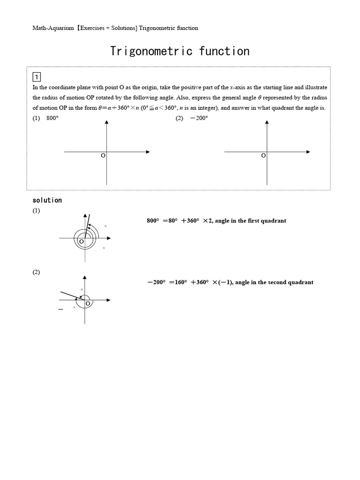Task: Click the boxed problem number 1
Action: click(x=36, y=77)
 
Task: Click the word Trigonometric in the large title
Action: click(x=151, y=51)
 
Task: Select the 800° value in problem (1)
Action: click(x=52, y=118)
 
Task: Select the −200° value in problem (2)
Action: click(x=199, y=118)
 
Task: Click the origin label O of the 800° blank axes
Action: click(x=103, y=156)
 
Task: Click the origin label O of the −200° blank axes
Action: click(x=263, y=156)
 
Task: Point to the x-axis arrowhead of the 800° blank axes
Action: click(x=148, y=152)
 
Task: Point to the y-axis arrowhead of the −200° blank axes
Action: click(x=267, y=122)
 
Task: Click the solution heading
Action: click(x=47, y=200)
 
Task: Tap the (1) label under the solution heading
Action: click(x=36, y=211)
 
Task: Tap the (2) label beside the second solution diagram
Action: click(x=36, y=273)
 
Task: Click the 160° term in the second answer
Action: click(x=178, y=282)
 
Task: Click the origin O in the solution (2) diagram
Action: click(x=88, y=304)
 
